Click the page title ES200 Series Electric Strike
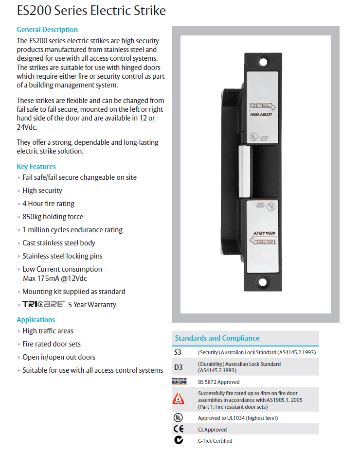[91, 11]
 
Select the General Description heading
[47, 30]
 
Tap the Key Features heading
[36, 166]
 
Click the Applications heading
[36, 320]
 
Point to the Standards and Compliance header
[217, 338]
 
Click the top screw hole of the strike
[263, 62]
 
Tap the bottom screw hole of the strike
[263, 281]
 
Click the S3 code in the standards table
[179, 352]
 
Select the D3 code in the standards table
[179, 367]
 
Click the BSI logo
[179, 382]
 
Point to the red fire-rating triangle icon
[179, 399]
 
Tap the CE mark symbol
[179, 429]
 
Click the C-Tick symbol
[179, 441]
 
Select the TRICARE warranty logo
[43, 305]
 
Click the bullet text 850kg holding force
[53, 217]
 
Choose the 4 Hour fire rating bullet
[48, 204]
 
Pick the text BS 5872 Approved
[218, 382]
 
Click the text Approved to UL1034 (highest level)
[238, 418]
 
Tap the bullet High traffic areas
[48, 331]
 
